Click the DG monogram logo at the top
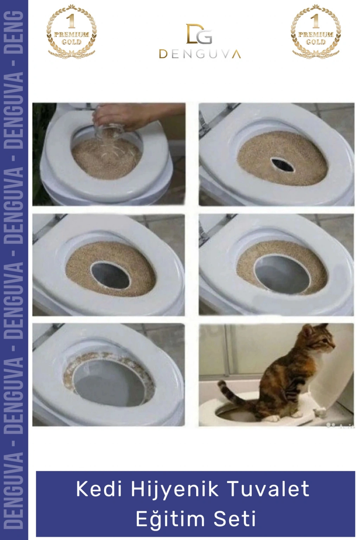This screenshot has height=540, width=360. coord(199,33)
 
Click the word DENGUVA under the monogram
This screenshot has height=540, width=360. coord(200,54)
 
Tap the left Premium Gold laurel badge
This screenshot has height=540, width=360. coord(71,31)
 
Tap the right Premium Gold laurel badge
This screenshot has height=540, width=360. coord(316,31)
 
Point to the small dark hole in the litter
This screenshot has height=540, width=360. coord(282,165)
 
